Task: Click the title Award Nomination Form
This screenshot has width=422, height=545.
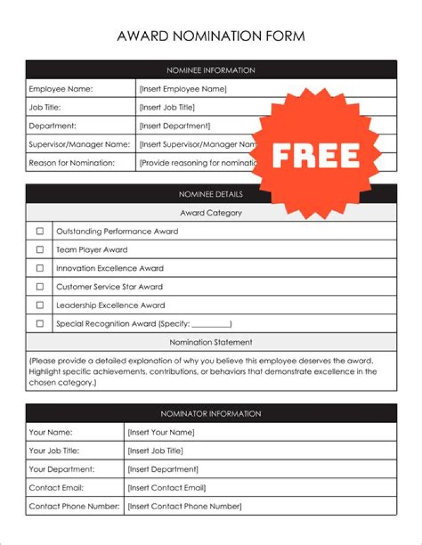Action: tap(211, 36)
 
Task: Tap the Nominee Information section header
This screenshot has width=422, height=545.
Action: tap(211, 70)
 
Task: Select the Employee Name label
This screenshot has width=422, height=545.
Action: tap(61, 89)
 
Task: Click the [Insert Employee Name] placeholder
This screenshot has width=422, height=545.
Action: tap(183, 89)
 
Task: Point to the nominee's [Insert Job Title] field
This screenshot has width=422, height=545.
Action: tap(167, 107)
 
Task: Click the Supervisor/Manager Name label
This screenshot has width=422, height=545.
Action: tap(79, 144)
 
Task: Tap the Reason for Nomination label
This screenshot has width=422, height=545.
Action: tap(72, 163)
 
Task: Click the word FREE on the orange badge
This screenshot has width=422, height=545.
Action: tap(316, 155)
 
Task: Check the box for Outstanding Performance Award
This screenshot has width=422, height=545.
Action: tap(40, 231)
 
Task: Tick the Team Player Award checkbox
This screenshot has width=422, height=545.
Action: tap(40, 250)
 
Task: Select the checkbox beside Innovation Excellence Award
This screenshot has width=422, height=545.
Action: tap(40, 268)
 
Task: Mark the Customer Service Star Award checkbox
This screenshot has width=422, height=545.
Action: tap(40, 287)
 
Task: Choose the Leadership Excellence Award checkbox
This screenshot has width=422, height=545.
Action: tap(40, 305)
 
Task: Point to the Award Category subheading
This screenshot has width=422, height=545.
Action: tap(211, 213)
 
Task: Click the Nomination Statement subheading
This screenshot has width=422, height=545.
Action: tap(211, 342)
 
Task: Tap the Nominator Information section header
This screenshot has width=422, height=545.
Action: tap(211, 414)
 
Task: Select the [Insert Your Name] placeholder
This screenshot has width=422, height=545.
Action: tap(161, 432)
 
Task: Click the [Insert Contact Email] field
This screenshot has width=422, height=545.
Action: tap(166, 488)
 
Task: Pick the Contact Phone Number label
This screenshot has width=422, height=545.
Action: tap(74, 506)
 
